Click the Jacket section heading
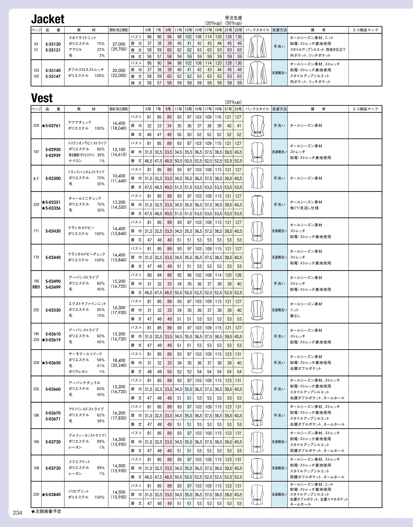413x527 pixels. pos(48,19)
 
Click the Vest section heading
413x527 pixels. pos(42,98)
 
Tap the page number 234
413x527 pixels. pos(17,513)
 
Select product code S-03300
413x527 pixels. pos(53,178)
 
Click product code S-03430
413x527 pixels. pos(53,231)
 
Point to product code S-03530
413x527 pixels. pos(53,310)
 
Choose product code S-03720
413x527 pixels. pos(53,442)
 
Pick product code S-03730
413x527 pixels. pos(53,468)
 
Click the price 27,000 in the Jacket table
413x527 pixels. pos(119,44)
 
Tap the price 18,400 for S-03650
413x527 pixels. pos(119,360)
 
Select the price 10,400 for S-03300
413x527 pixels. pos(119,176)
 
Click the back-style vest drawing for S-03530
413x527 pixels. pos(257,310)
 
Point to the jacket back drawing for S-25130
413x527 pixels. pos(257,46)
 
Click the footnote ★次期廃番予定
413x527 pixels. pos(46,512)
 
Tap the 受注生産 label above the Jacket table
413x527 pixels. pos(233,18)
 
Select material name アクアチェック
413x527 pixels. pos(80,122)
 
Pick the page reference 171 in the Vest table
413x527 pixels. pos(36,231)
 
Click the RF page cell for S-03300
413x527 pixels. pos(36,178)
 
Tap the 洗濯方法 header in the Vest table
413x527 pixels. pos(279,109)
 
